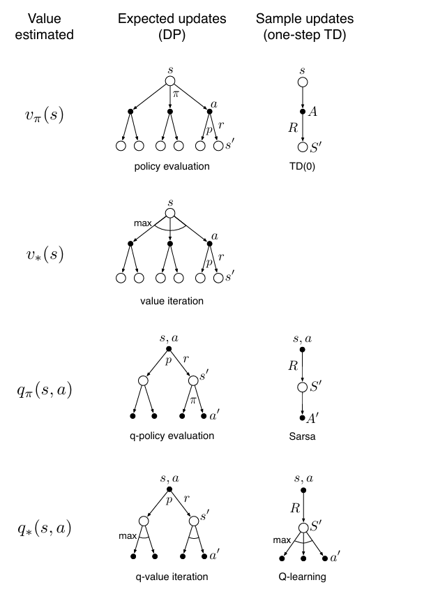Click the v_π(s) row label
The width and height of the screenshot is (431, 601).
coord(44,115)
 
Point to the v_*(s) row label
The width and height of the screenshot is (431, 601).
coord(44,255)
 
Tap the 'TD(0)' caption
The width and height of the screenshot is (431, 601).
coord(301,167)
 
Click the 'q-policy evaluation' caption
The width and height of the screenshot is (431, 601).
coord(172,436)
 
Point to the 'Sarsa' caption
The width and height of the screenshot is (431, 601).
coord(301,436)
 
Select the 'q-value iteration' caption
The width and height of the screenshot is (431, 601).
coord(172,577)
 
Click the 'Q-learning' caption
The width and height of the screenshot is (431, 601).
coord(302,577)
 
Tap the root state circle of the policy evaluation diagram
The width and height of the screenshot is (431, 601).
coord(170,82)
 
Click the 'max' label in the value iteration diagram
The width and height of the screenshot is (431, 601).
coord(144,222)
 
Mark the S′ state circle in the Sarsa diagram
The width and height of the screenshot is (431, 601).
coord(302,387)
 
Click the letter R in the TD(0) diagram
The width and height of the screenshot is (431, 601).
coord(292,128)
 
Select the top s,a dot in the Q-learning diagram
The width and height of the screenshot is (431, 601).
coord(302,491)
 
